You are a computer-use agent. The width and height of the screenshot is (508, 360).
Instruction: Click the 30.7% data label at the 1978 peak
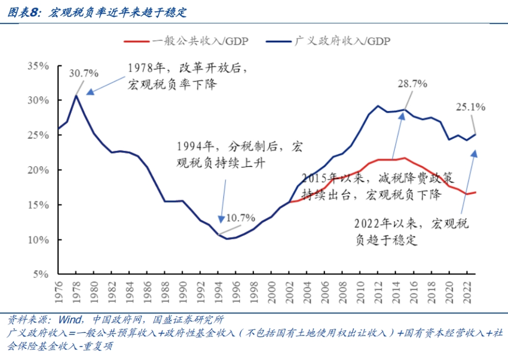[85, 73]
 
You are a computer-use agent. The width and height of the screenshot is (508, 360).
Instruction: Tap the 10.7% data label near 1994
[241, 218]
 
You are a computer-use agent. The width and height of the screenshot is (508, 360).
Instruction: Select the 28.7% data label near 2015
[413, 84]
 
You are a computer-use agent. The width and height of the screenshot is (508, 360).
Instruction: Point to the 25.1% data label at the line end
[470, 107]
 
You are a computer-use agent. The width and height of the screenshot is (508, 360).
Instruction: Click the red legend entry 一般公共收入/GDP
[186, 41]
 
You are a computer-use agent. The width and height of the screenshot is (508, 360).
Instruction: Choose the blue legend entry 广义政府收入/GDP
[328, 41]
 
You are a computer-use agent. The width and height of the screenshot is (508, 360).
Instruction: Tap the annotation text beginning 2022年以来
[413, 231]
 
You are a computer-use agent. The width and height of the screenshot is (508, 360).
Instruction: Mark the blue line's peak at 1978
[76, 96]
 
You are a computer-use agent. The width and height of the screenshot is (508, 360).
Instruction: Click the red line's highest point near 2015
[405, 158]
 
